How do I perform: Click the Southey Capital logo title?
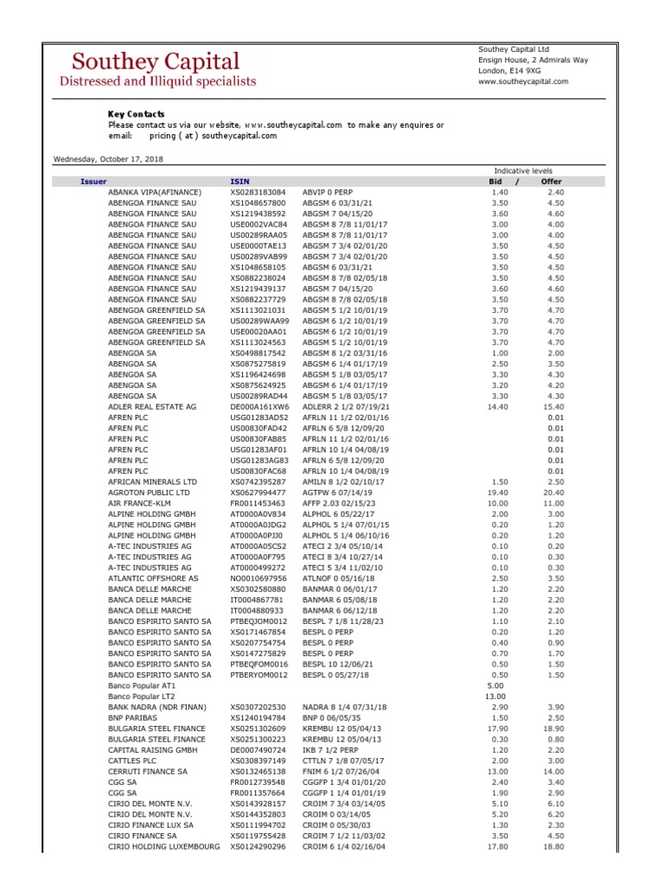[156, 61]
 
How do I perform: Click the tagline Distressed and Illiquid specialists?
[156, 81]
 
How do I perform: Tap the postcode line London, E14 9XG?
[510, 71]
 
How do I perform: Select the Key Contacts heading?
[136, 114]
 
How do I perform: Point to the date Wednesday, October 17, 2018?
[109, 159]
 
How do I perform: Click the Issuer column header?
[93, 181]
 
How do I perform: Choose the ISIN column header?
[239, 181]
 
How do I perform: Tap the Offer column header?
[551, 181]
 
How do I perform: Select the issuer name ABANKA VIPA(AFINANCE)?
[155, 192]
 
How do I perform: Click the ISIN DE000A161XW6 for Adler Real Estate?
[259, 405]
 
